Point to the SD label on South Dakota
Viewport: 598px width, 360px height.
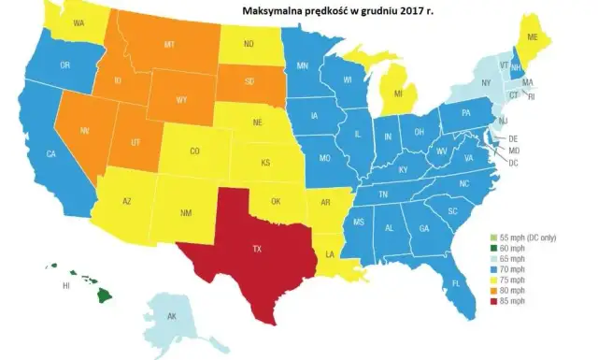(x=251, y=81)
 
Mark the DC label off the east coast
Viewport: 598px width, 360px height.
(x=513, y=162)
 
